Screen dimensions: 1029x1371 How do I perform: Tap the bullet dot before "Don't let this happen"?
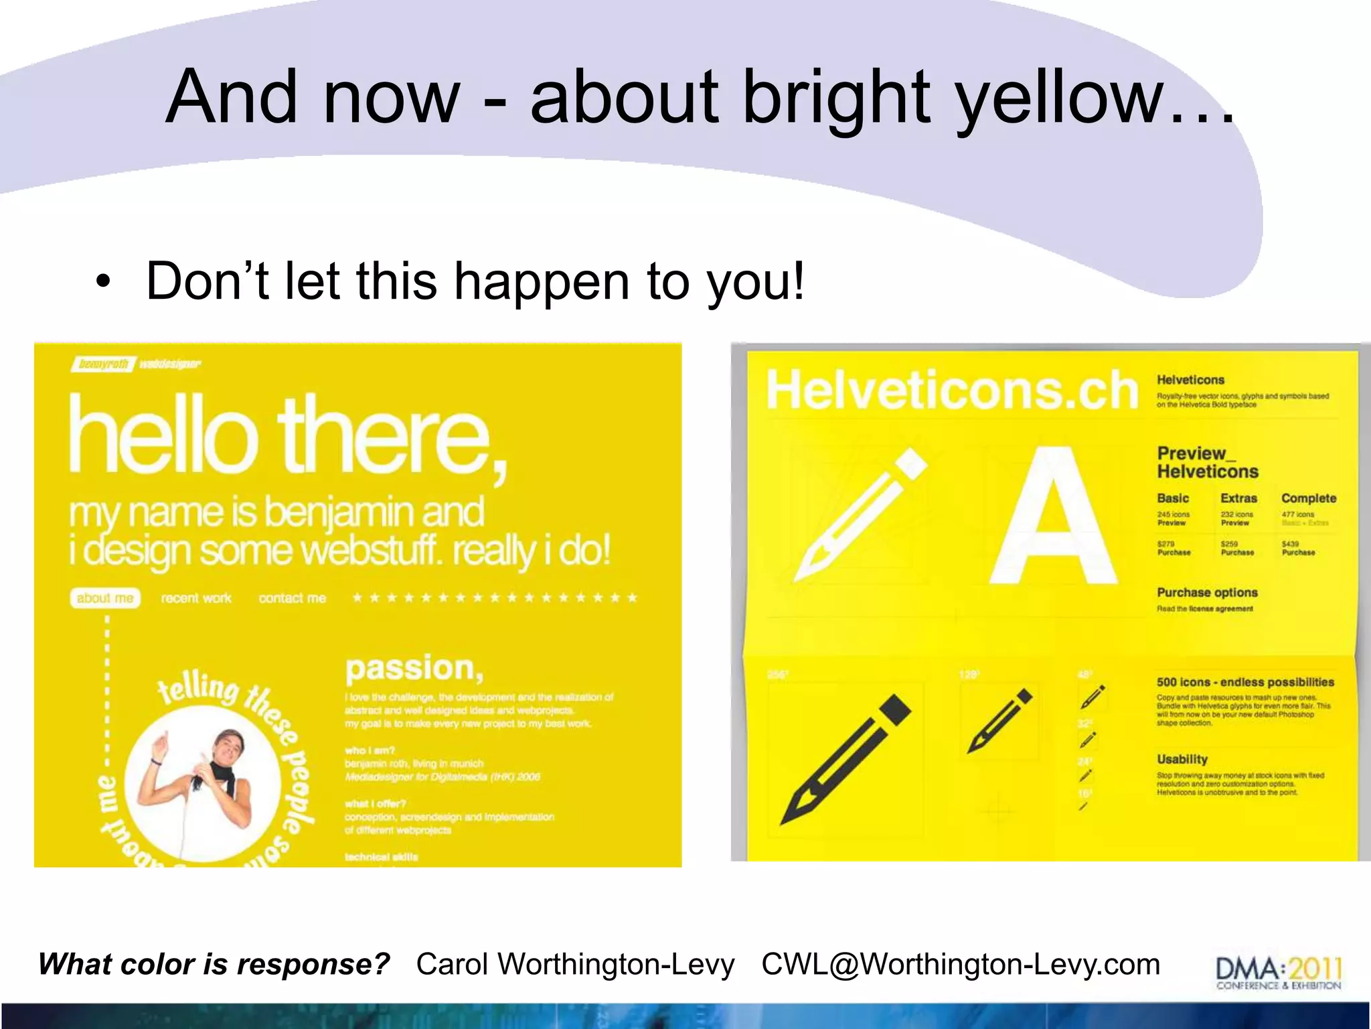coord(102,281)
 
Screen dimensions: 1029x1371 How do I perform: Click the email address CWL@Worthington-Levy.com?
coord(961,965)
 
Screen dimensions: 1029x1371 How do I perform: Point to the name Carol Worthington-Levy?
coord(575,965)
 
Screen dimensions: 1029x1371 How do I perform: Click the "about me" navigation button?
coord(105,598)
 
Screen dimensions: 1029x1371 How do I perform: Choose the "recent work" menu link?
coord(196,598)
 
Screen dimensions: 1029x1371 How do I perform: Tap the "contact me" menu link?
coord(293,598)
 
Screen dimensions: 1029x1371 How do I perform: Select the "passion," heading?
coord(414,668)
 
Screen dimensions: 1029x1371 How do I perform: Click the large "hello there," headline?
coord(288,435)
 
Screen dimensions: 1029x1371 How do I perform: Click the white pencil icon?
coord(860,512)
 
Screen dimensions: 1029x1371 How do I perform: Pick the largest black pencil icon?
coord(845,760)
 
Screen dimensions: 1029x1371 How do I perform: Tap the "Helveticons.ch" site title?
coord(951,390)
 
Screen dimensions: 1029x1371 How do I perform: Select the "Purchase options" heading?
coord(1207,592)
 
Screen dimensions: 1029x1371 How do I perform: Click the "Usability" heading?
coord(1182,759)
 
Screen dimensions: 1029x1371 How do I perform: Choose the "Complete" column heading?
coord(1308,498)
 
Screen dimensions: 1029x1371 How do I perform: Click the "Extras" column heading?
coord(1238,498)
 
